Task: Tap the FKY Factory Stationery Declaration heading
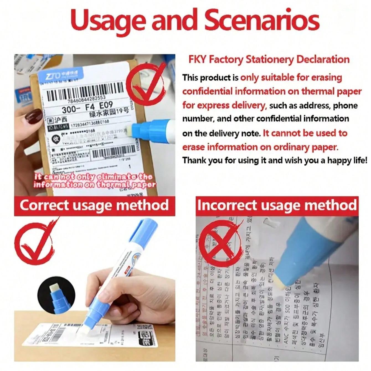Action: (x=269, y=60)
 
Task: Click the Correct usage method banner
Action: (x=94, y=205)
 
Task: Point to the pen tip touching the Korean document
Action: (x=280, y=283)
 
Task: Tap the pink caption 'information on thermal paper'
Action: (x=94, y=185)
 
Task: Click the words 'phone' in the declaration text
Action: (x=345, y=105)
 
